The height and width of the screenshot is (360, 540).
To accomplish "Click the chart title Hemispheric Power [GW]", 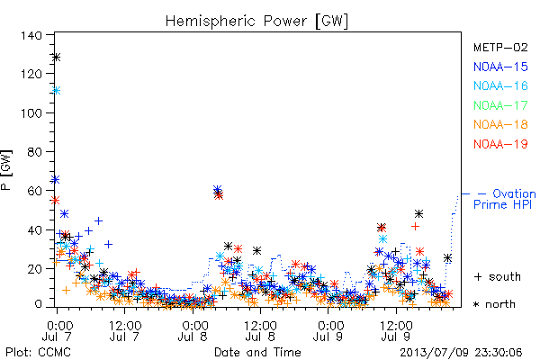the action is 256,22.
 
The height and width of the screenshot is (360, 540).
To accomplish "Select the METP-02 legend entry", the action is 500,47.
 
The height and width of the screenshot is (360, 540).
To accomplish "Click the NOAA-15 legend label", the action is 500,67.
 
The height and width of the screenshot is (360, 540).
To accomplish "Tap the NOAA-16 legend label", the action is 500,85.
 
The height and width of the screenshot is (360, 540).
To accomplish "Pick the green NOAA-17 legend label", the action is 500,105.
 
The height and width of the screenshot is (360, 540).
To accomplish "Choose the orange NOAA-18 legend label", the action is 500,124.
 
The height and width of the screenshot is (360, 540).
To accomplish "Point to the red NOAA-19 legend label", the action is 500,144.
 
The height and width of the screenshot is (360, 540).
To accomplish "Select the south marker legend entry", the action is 498,276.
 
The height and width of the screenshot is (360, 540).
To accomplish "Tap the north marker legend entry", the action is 494,304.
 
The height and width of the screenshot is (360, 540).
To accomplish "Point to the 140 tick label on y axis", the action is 31,35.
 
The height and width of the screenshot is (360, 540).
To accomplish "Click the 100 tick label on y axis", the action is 31,113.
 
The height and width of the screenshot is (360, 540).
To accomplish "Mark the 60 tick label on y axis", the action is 34,191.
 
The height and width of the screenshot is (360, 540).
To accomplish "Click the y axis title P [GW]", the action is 6,170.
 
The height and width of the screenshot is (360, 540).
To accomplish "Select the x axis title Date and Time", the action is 257,352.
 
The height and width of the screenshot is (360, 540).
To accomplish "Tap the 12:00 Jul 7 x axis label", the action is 125,330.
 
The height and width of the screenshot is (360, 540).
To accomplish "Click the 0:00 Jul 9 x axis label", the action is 328,330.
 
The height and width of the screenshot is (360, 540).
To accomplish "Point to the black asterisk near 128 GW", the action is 57,58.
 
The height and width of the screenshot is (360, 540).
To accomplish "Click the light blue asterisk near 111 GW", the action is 57,91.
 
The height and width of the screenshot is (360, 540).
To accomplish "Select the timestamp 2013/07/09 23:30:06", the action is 461,353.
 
